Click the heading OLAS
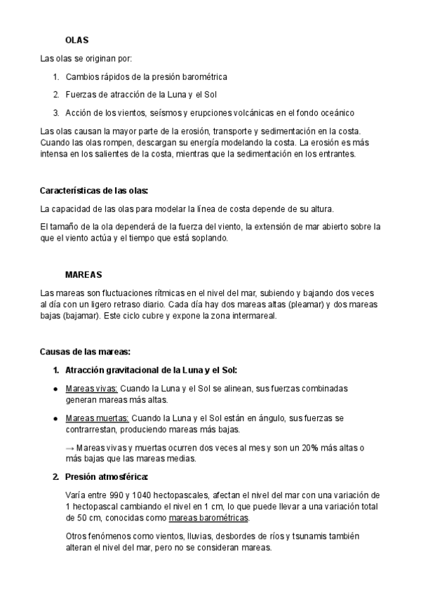(76, 41)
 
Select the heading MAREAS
(83, 274)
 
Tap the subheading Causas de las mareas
(86, 352)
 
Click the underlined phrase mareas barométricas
(208, 518)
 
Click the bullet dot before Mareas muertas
(55, 419)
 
